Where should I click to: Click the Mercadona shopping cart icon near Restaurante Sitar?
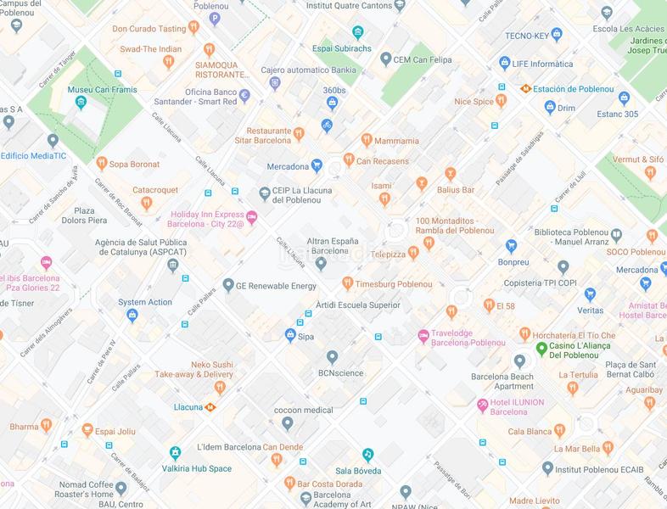317,165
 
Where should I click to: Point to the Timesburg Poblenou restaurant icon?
347,283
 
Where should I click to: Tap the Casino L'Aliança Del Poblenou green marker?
541,350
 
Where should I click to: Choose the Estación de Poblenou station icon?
527,87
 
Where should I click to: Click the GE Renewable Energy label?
276,285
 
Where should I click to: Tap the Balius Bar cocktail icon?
451,173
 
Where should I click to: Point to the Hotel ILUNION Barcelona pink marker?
483,406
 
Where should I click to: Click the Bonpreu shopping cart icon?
512,246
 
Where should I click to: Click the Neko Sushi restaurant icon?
220,387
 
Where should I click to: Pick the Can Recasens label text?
382,160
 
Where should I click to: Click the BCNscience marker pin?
332,357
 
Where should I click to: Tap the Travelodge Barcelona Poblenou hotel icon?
423,337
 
